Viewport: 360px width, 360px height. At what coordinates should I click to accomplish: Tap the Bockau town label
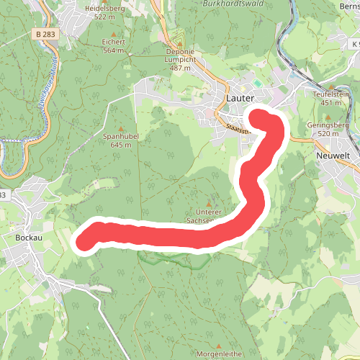pos(27,235)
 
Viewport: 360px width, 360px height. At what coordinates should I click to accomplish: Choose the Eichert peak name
pos(114,42)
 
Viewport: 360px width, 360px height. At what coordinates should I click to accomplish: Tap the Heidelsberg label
pos(105,8)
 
